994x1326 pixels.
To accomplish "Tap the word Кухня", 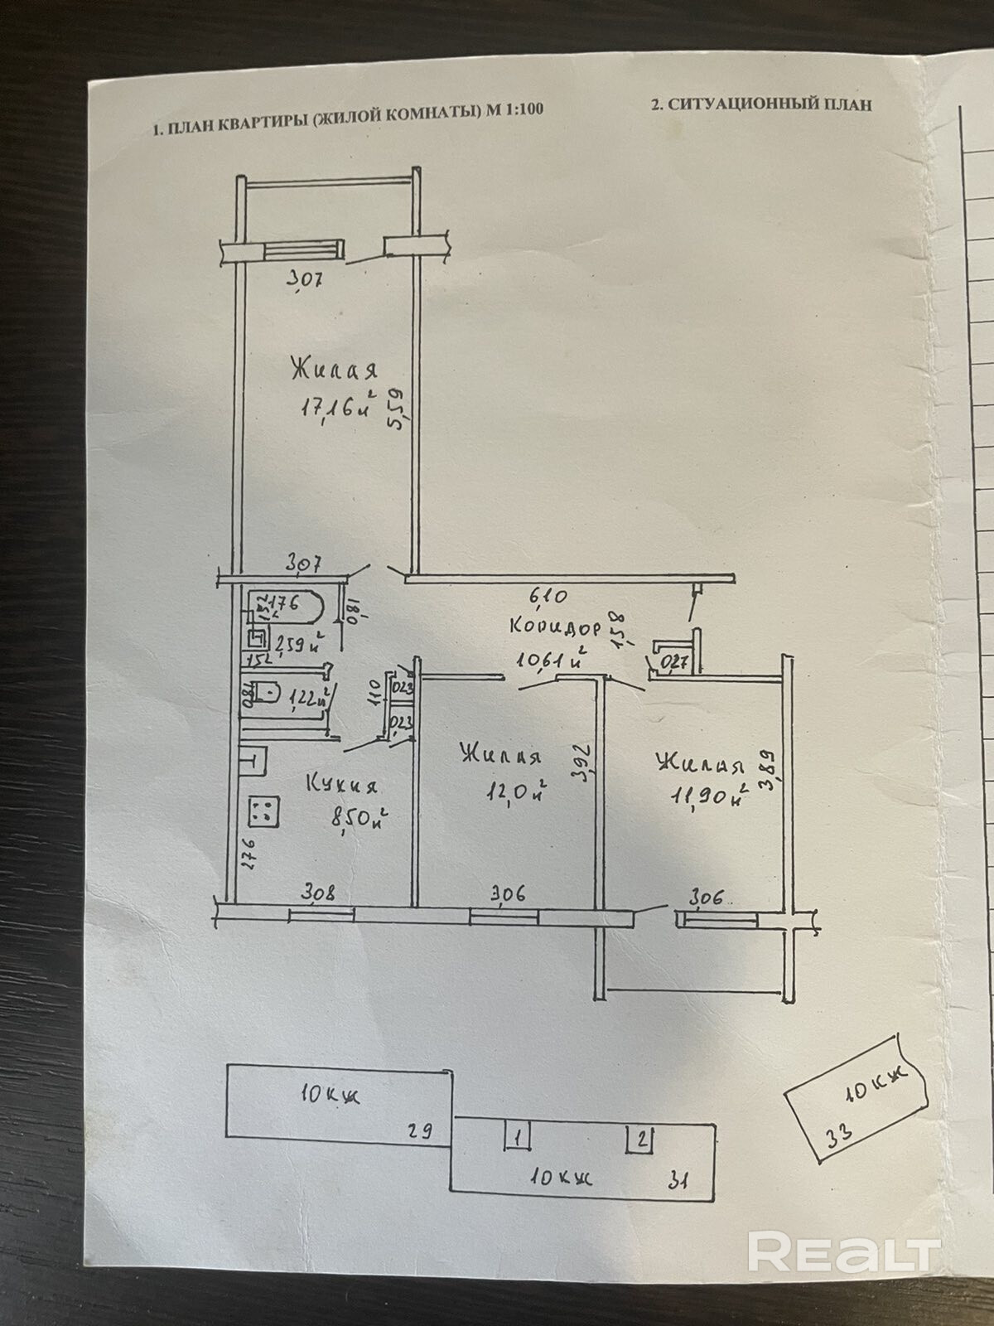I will (x=342, y=784).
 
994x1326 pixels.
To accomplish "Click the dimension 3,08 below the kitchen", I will (x=318, y=893).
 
